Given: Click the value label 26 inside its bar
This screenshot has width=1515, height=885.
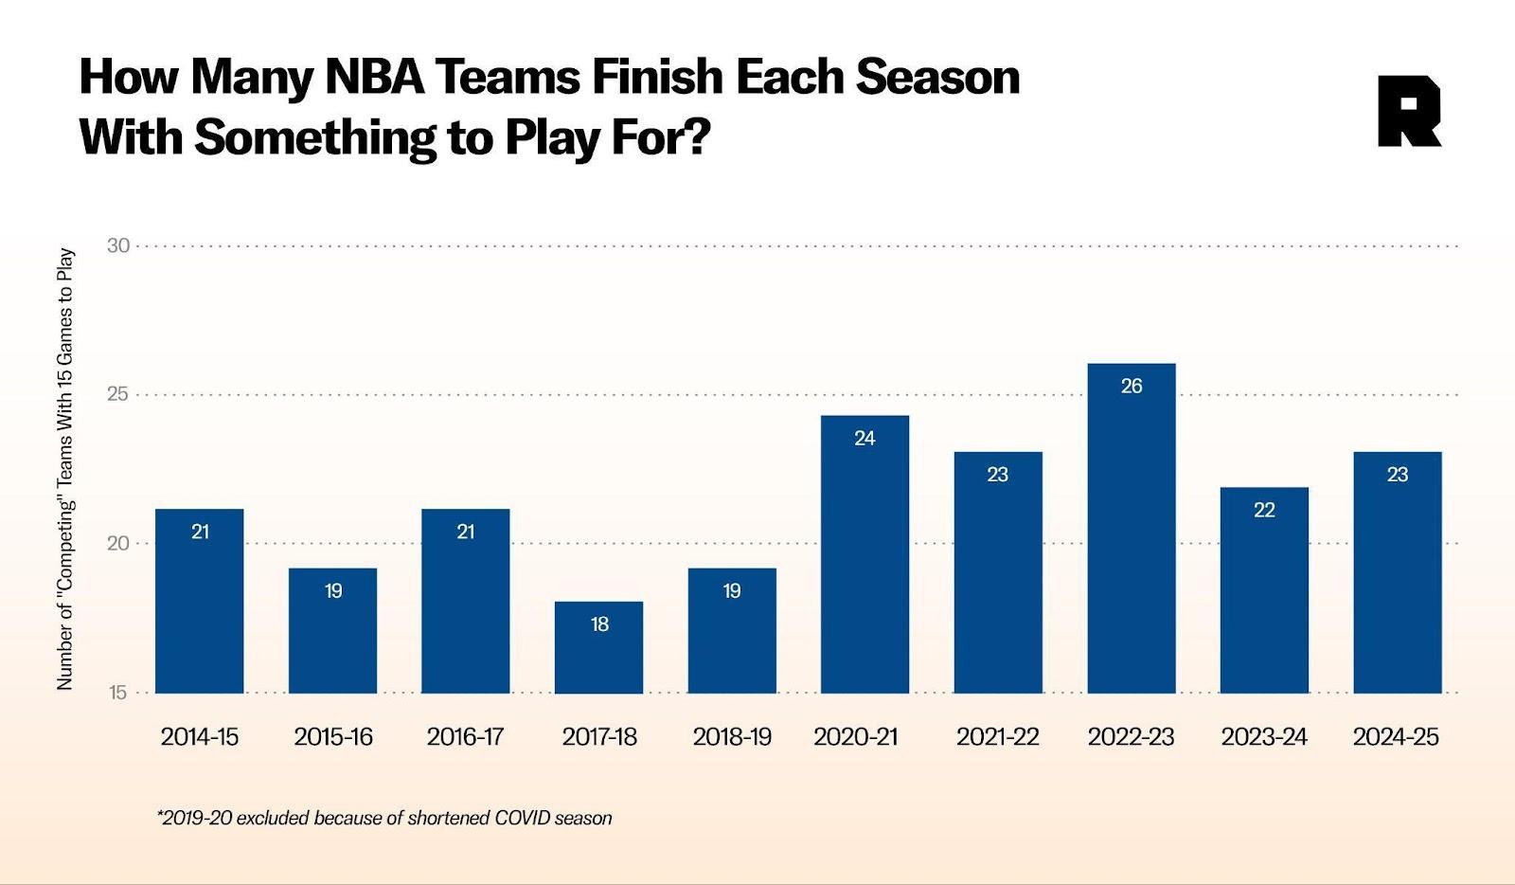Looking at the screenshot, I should coord(1132,387).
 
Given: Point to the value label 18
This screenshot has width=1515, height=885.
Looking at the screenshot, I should coord(599,624).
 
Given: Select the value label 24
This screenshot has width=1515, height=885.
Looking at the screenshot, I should coord(864,439).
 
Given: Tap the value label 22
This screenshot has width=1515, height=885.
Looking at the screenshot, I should coord(1264,511).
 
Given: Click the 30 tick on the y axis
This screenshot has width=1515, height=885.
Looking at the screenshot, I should coord(118,246).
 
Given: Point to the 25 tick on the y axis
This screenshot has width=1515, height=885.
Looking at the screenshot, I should coord(118,394).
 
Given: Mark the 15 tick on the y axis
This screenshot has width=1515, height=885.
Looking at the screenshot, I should coord(118,693).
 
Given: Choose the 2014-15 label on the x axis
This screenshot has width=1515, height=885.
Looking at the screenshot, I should coord(200,737).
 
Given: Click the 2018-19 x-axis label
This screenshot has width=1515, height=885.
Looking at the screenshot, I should coord(732,737).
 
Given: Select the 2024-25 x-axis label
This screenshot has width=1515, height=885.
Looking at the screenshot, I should coord(1396,737).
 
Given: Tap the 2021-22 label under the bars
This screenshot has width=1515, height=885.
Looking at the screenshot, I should coord(997,737).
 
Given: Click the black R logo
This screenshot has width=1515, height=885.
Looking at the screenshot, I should coord(1409,112).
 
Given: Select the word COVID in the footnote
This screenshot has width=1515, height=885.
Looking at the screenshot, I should coord(524,818).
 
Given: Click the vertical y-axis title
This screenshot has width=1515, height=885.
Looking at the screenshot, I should coord(65,469).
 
